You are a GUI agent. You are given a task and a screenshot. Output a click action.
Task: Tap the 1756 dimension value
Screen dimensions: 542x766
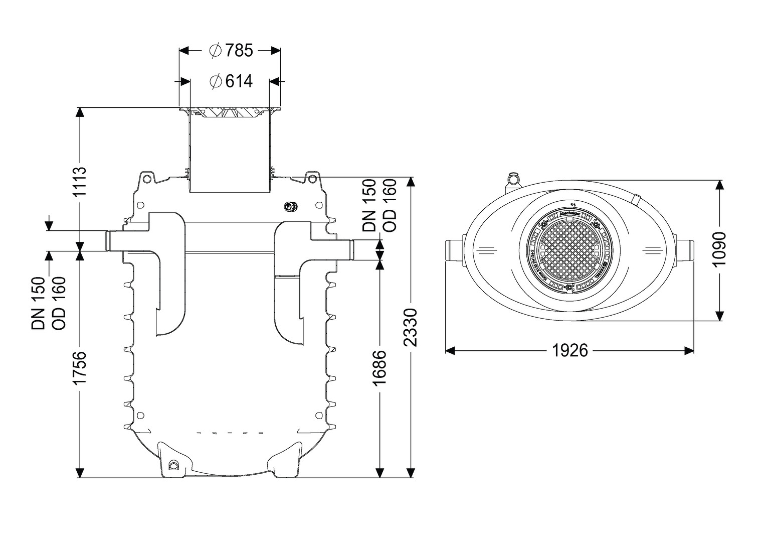[80, 368]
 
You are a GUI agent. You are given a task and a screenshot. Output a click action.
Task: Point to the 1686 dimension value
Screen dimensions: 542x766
[380, 368]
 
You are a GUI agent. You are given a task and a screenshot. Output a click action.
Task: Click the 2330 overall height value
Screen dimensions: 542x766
[411, 328]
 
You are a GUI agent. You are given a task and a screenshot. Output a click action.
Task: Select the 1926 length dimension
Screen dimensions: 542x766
[569, 350]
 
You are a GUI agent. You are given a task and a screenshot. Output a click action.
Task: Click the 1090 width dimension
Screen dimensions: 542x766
[720, 249]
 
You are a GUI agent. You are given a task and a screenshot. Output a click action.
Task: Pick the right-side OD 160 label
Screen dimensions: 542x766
[390, 206]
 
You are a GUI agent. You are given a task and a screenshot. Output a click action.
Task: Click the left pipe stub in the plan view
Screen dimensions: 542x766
[454, 249]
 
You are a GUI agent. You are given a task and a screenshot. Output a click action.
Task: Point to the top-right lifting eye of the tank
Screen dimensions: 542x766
[312, 178]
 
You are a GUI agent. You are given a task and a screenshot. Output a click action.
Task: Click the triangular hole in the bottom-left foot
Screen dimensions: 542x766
[173, 465]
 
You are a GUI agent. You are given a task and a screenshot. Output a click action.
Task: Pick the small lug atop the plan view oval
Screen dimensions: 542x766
[513, 178]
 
